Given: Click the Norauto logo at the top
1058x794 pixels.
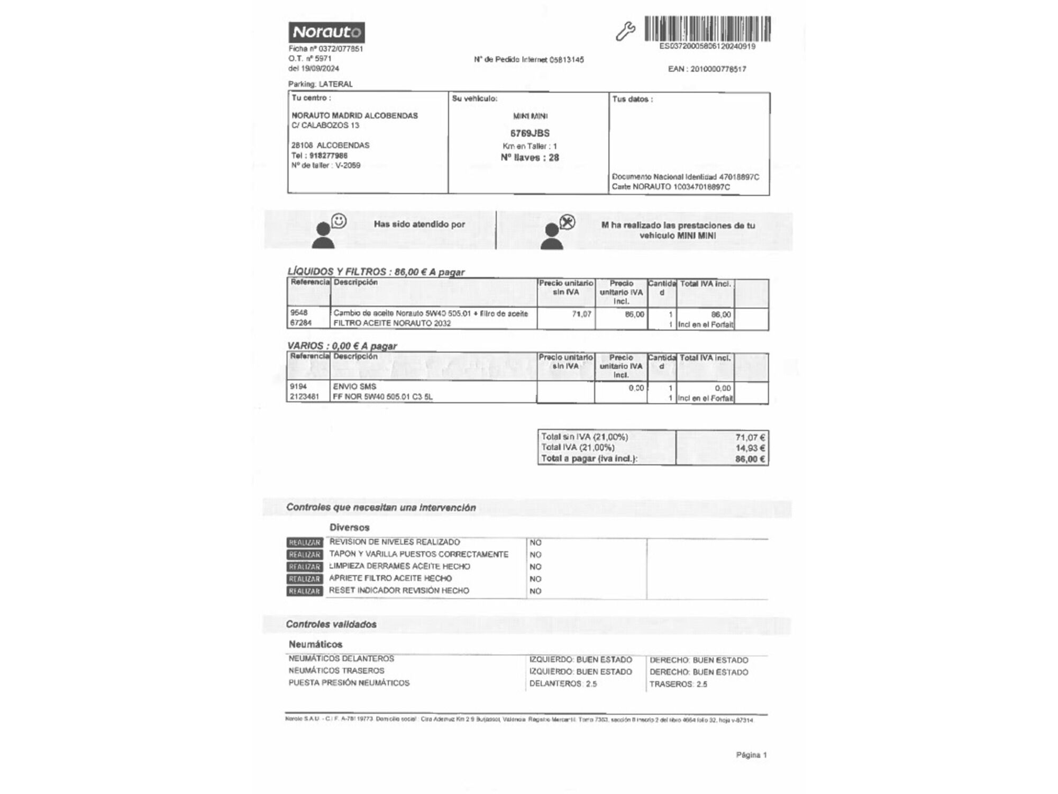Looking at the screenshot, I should pos(326,32).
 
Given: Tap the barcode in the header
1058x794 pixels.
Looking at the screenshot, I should pos(707,29).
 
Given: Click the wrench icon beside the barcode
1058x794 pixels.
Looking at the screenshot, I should pos(625,31).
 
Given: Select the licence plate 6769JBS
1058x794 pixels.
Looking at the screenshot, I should pos(530,133).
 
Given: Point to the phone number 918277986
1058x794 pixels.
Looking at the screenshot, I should pos(328,156).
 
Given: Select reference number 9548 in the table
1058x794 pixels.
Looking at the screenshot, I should pos(299,313).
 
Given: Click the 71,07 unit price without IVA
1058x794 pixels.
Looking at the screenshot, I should pos(581,314).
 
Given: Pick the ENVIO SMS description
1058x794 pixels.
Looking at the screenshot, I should pos(354,387).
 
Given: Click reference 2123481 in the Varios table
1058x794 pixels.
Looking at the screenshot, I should pos(304,397).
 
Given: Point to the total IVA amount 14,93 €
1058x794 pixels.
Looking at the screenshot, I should pos(750,448).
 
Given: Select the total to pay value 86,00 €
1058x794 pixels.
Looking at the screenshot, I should pos(750,459).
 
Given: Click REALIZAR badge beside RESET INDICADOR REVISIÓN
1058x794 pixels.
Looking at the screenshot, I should pos(305,591).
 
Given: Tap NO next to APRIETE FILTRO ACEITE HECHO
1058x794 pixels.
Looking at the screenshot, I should pos(535,579).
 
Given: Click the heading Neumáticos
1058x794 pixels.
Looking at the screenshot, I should pos(315,645).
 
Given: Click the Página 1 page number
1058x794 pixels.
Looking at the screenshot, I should pos(751,755).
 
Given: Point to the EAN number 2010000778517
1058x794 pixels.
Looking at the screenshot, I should pos(707,69).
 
